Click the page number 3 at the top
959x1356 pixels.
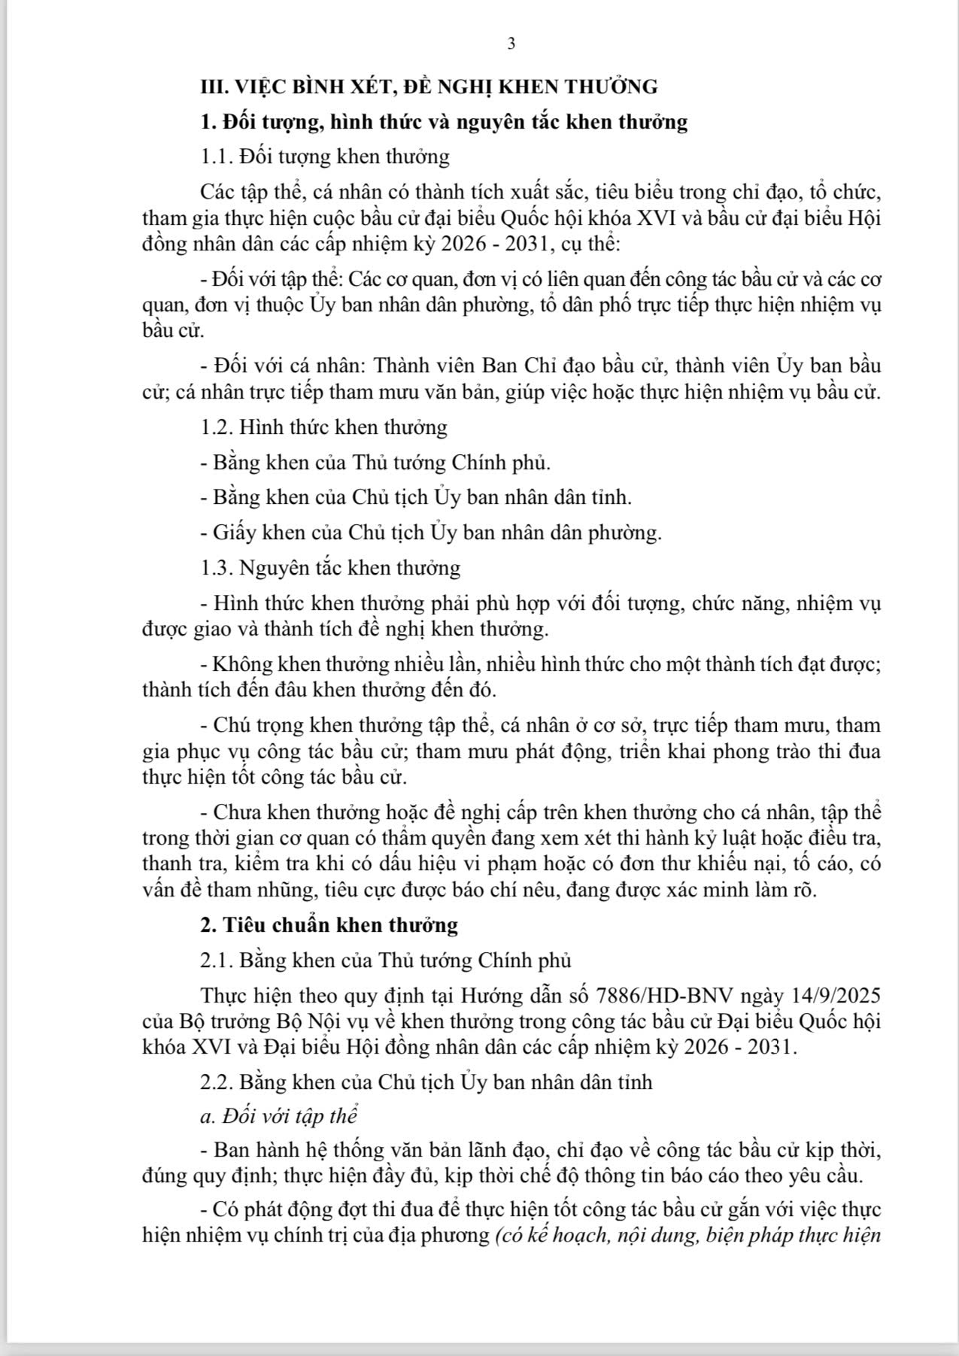click(x=511, y=44)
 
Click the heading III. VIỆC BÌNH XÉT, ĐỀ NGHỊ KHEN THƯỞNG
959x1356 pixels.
click(x=429, y=86)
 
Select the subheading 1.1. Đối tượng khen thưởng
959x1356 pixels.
click(x=325, y=156)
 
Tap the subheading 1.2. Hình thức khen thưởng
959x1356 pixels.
click(x=323, y=427)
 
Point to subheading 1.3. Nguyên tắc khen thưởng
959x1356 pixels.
click(x=330, y=567)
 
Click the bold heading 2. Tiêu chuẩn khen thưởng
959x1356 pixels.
click(x=329, y=924)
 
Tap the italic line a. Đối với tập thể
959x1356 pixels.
click(x=278, y=1116)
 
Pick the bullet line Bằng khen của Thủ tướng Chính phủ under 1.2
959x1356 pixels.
click(x=375, y=462)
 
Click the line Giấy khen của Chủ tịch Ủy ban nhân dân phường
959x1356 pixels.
click(x=431, y=532)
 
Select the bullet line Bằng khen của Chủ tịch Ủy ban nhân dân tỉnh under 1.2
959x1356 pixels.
click(x=416, y=497)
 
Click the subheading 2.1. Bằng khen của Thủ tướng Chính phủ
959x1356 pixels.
click(x=386, y=960)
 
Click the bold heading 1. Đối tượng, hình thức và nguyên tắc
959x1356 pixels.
click(x=444, y=122)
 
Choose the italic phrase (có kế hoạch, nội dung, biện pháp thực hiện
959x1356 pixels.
click(x=687, y=1236)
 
